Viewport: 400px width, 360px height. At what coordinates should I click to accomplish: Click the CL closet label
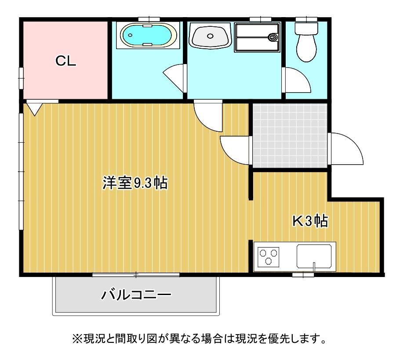coord(65,61)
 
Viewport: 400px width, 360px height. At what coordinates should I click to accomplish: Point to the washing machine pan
coord(257,38)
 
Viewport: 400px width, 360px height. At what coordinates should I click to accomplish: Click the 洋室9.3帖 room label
coord(135,183)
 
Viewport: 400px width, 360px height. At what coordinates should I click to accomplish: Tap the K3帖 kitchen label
coord(310,221)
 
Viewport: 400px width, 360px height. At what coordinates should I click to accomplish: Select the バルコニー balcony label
coord(136,294)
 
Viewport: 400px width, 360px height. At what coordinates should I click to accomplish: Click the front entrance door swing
coord(346,149)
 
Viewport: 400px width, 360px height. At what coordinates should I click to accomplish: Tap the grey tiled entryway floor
coord(290,135)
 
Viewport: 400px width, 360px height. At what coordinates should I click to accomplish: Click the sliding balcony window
coord(136,275)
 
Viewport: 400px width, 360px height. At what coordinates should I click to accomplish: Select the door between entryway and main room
coord(235,149)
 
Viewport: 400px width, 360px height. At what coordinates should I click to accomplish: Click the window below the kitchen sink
coord(303,275)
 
